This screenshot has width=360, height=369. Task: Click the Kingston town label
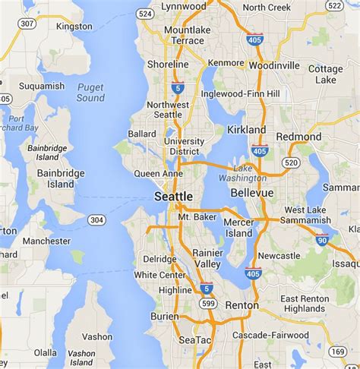(74, 26)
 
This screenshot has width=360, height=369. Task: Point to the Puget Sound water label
(90, 93)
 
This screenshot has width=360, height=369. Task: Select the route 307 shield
(27, 24)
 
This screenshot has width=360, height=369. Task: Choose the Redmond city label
(298, 137)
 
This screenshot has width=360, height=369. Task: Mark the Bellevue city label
(252, 193)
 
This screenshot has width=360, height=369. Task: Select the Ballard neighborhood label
(143, 134)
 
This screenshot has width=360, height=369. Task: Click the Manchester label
(46, 241)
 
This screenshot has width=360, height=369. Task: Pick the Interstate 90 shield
(322, 241)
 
